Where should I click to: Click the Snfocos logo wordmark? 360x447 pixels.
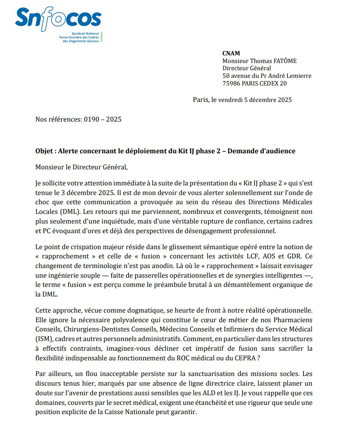(x=58, y=18)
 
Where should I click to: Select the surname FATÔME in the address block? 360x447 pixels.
(x=283, y=61)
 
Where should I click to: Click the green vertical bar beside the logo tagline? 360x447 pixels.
(x=101, y=37)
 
